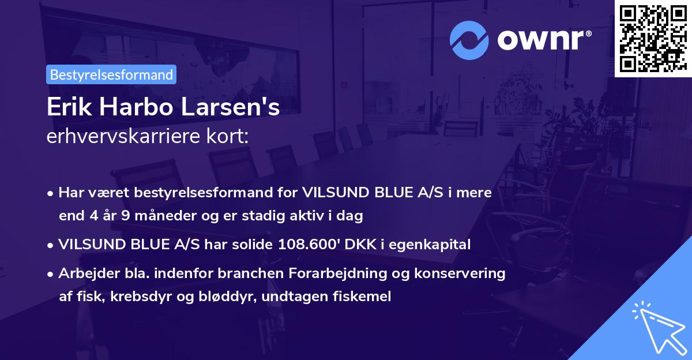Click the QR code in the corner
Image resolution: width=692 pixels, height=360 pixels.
pos(653,38)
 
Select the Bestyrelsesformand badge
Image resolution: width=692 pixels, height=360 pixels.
pos(111,74)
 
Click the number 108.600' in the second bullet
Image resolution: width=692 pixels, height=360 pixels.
pos(308,245)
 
